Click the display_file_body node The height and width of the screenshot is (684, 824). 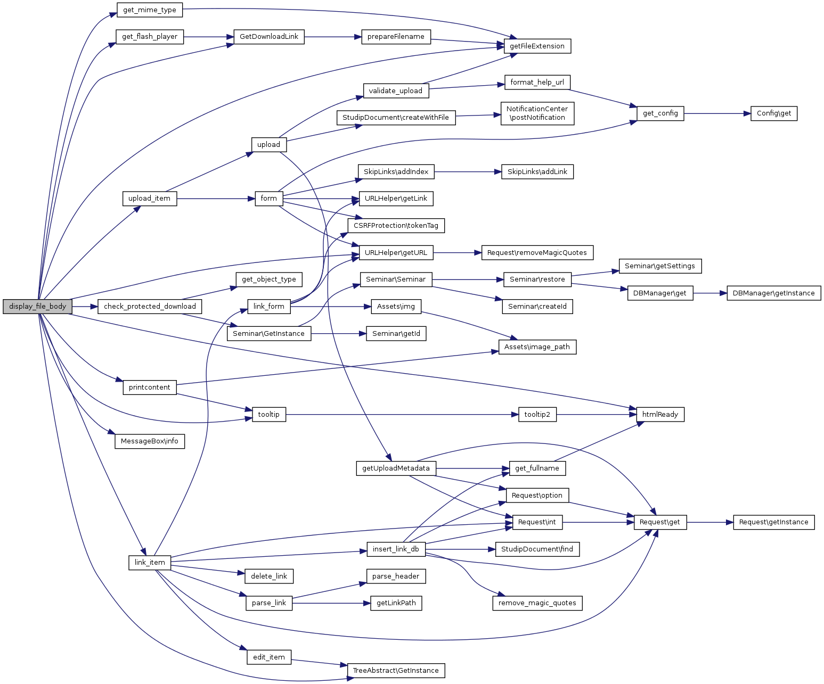tap(37, 307)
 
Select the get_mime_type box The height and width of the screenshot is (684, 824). tap(149, 10)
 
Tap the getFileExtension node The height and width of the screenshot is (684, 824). tap(537, 46)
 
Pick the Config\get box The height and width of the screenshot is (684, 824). tap(773, 113)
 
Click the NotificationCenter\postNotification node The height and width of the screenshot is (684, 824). tap(537, 113)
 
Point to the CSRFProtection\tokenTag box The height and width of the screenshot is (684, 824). tap(396, 226)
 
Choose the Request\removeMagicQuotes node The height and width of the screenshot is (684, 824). tap(537, 253)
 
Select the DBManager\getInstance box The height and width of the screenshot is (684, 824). tap(773, 293)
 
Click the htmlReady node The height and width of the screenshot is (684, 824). tap(660, 415)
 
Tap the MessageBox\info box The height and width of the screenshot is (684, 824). tap(149, 441)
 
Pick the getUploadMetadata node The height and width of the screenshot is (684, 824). tap(396, 468)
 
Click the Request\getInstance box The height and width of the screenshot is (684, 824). tap(773, 522)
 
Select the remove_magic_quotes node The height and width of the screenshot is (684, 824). tap(537, 603)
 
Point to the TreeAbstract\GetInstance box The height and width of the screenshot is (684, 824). tap(396, 671)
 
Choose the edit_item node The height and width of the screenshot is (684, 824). tap(269, 657)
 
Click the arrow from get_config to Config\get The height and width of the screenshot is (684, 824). tap(717, 113)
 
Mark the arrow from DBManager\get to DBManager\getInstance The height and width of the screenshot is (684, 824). tap(710, 293)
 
